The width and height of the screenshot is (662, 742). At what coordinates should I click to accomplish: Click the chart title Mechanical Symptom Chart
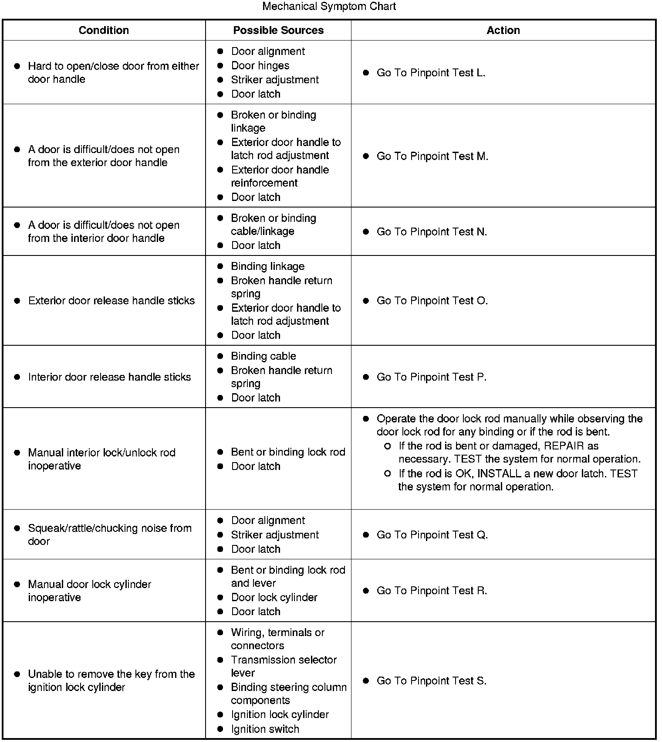[x=329, y=7]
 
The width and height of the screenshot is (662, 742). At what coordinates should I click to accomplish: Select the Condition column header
[x=104, y=30]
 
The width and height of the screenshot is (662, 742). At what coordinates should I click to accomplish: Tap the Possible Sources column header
[x=278, y=30]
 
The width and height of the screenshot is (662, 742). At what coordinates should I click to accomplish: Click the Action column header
[x=503, y=30]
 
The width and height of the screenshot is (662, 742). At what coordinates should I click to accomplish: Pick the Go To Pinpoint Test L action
[x=431, y=73]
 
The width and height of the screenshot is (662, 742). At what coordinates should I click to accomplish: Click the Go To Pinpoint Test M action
[x=432, y=156]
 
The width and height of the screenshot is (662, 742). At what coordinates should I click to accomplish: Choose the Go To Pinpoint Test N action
[x=432, y=231]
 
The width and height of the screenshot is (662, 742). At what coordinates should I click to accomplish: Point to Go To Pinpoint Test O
[x=432, y=300]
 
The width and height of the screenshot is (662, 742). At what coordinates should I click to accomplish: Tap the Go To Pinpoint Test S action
[x=431, y=681]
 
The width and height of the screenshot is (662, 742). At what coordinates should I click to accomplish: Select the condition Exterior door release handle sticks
[x=111, y=300]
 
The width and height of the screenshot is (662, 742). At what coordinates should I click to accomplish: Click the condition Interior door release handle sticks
[x=109, y=377]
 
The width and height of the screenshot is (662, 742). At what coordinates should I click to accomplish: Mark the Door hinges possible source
[x=260, y=65]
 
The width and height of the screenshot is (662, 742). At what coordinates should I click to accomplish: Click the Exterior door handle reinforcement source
[x=280, y=176]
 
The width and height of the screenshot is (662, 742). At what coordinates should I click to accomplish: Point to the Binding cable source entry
[x=263, y=356]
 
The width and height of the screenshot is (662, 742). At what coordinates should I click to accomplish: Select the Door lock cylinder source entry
[x=274, y=597]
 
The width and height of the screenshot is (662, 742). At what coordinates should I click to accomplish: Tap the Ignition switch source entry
[x=265, y=729]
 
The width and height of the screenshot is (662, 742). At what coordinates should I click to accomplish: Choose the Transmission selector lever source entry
[x=284, y=666]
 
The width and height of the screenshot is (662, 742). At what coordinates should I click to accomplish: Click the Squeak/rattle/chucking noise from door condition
[x=109, y=534]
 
